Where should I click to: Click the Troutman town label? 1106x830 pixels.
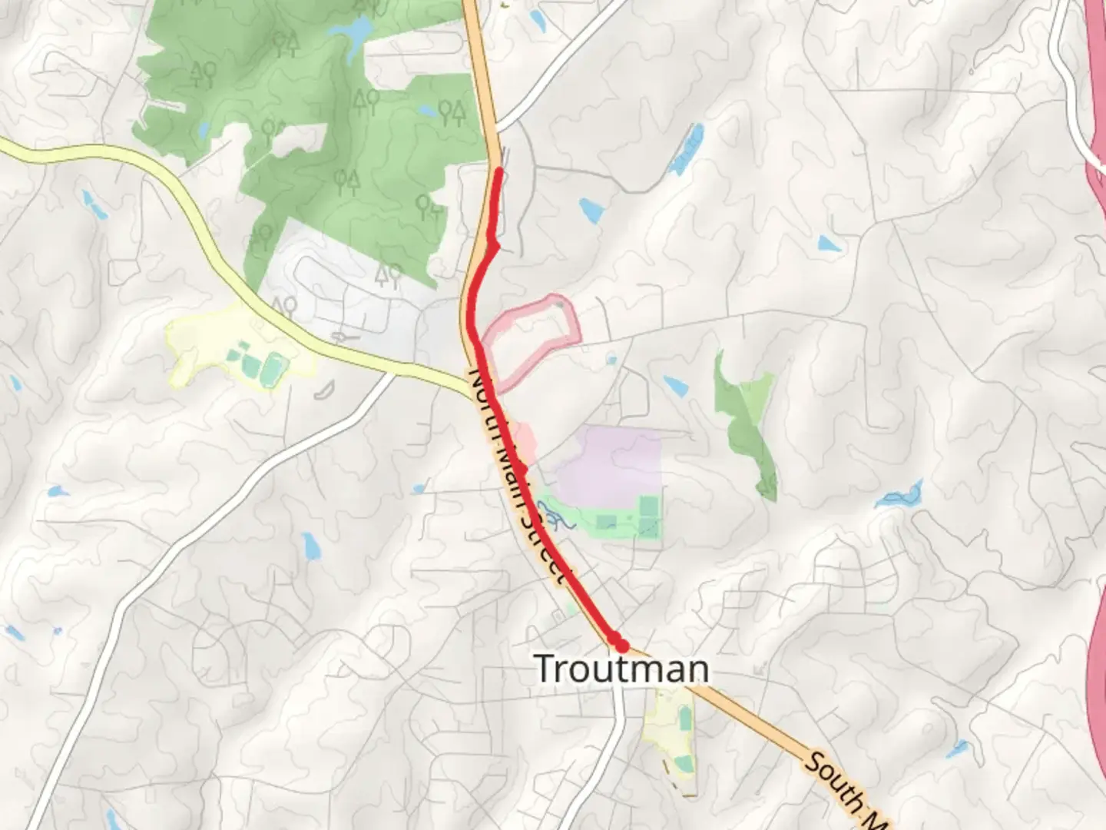point(621,668)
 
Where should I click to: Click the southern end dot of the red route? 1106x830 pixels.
point(621,645)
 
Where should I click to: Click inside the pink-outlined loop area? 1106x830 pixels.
point(530,338)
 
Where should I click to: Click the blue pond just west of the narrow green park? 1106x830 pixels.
point(676,386)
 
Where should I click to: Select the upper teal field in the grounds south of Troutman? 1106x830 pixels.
point(685,719)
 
